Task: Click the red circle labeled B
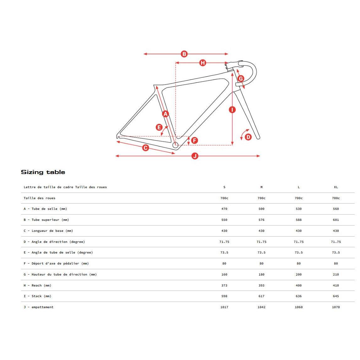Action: click(184, 54)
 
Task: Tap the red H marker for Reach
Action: click(203, 63)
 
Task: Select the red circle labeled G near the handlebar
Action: click(241, 78)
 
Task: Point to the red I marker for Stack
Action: click(232, 110)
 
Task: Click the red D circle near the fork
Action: click(248, 137)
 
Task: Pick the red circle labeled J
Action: click(195, 156)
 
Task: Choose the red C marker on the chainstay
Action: click(145, 148)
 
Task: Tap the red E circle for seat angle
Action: click(159, 127)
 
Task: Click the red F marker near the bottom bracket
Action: click(194, 140)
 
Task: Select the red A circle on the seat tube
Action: click(166, 114)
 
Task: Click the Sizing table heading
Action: click(43, 172)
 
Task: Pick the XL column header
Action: click(336, 187)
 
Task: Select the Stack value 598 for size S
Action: click(224, 296)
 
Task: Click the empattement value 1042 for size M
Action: click(261, 307)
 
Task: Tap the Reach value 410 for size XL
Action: click(336, 286)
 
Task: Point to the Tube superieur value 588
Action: click(298, 220)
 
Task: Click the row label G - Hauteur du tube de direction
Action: click(60, 275)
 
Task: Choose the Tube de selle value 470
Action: click(224, 209)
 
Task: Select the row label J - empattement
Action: click(39, 307)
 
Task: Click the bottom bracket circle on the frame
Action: click(175, 145)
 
